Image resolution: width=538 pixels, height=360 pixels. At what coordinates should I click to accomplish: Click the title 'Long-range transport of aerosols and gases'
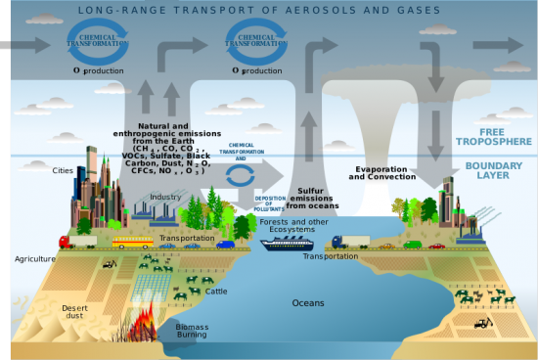267,9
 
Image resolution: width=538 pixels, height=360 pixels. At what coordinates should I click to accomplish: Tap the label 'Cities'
63,169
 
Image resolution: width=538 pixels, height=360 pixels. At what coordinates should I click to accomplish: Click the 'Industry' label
165,197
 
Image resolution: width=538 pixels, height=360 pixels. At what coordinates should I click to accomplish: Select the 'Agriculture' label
32,259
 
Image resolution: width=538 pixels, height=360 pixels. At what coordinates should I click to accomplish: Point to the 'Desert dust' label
75,311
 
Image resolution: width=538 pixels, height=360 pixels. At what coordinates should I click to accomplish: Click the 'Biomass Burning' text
192,330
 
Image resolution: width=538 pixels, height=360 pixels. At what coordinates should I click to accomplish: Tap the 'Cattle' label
216,291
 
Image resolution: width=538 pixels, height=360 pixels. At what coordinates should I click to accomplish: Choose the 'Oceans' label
308,302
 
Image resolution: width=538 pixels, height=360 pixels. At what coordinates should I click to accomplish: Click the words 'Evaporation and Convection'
382,173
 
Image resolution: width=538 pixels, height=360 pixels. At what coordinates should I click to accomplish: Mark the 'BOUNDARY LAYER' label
493,170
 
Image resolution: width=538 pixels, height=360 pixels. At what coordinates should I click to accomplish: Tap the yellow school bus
132,242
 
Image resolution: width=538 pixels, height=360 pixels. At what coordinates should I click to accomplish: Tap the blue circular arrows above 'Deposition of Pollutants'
240,176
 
